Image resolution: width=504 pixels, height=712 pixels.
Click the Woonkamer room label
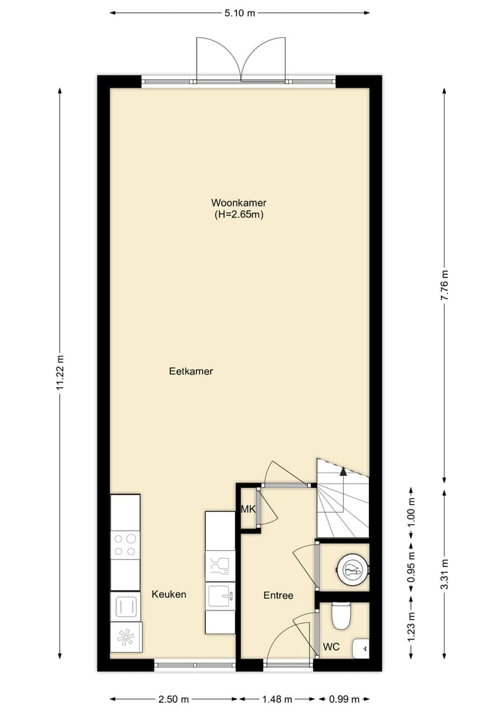coord(239,203)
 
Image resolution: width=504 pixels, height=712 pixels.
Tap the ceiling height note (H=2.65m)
coord(239,215)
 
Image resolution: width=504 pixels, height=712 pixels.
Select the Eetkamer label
coord(190,372)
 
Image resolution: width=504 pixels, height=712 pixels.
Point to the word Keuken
coord(169,594)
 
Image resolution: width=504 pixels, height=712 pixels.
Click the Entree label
coord(278,596)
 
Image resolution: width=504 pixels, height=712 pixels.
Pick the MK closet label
coord(248,509)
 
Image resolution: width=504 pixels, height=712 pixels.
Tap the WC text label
coord(331,648)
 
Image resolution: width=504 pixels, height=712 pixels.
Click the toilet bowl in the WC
coord(341,615)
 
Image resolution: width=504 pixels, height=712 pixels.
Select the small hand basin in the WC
coord(361,648)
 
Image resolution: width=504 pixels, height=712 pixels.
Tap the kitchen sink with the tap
coord(220,596)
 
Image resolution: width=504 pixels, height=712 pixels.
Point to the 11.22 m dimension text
coord(60,378)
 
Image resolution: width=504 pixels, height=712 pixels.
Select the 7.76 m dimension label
coord(444,286)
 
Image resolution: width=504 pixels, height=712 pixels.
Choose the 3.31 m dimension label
coord(444,574)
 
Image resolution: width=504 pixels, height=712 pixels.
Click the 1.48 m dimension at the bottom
coord(279,699)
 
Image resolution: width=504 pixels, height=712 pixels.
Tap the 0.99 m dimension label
coord(344,699)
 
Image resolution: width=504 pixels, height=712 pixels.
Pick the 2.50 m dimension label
coord(174,699)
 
